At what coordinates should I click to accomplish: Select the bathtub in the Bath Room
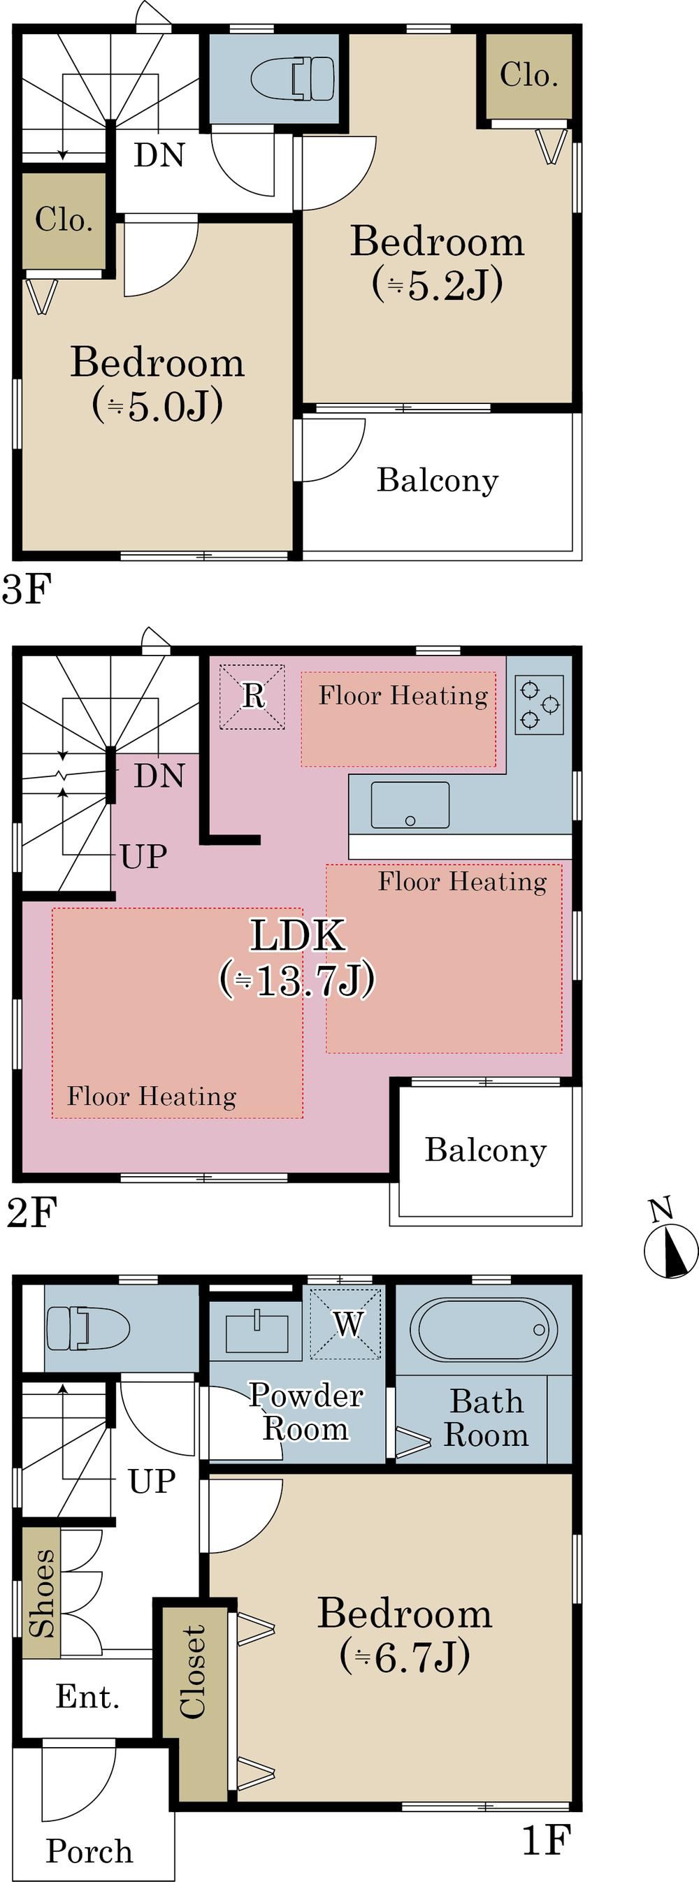pyautogui.click(x=482, y=1329)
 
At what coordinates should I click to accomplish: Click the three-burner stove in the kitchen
pyautogui.click(x=540, y=704)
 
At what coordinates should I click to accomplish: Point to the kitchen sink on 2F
pyautogui.click(x=410, y=804)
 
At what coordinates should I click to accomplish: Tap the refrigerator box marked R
pyautogui.click(x=252, y=695)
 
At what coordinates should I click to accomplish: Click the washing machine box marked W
pyautogui.click(x=345, y=1324)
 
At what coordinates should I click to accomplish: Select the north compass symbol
pyautogui.click(x=670, y=1250)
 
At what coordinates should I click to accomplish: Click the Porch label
pyautogui.click(x=89, y=1851)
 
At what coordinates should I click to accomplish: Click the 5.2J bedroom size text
pyautogui.click(x=437, y=285)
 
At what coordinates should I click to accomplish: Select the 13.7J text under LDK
pyautogui.click(x=296, y=980)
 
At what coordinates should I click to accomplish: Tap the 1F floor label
pyautogui.click(x=545, y=1839)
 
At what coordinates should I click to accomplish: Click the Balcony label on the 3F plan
pyautogui.click(x=437, y=480)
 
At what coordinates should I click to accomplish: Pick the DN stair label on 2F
pyautogui.click(x=159, y=775)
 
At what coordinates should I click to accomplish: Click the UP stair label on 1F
pyautogui.click(x=152, y=1481)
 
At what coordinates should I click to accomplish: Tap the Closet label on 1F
pyautogui.click(x=193, y=1672)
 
